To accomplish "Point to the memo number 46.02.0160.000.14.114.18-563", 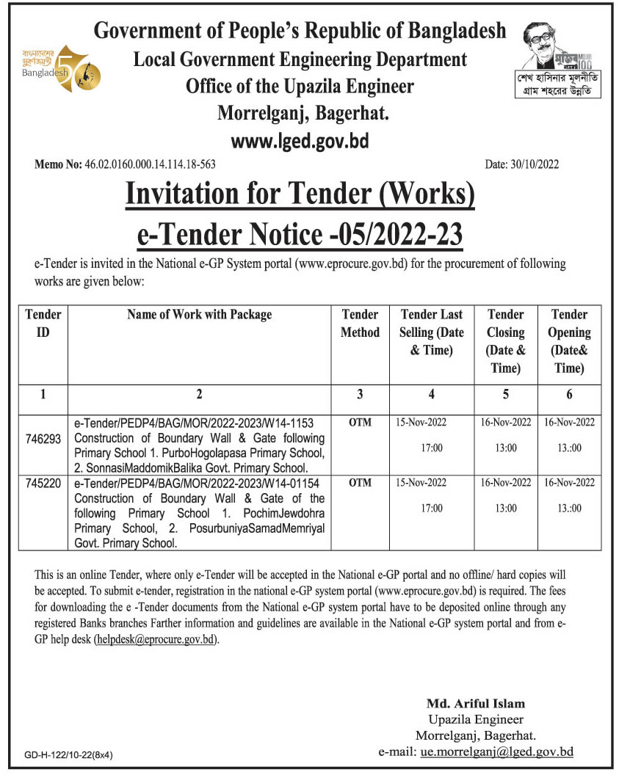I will click(x=150, y=165).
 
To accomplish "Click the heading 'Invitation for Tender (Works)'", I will click(x=300, y=194).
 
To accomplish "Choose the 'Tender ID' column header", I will click(x=43, y=324).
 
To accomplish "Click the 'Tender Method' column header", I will click(x=360, y=324).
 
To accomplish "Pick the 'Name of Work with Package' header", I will click(x=199, y=315).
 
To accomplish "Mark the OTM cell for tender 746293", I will click(x=360, y=423).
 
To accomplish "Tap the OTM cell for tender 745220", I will click(x=360, y=483).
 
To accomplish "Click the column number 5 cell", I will click(x=506, y=395).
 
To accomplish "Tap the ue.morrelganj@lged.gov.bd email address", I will click(x=496, y=751).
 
